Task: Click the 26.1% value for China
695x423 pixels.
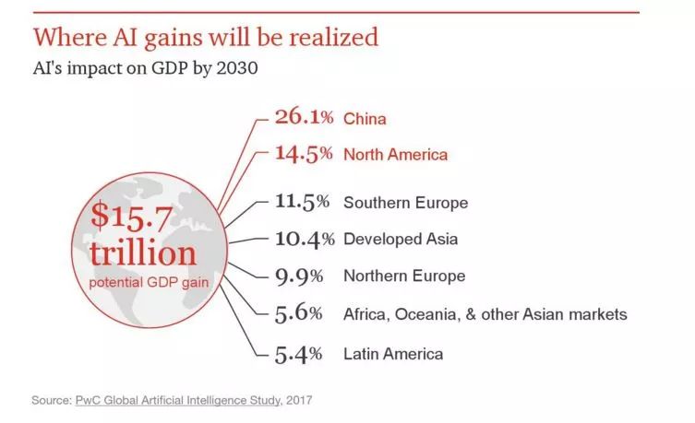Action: [304, 118]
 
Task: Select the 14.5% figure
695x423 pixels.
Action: [304, 154]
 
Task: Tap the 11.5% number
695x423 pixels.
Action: [304, 202]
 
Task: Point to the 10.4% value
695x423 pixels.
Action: [304, 240]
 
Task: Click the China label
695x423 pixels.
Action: [364, 119]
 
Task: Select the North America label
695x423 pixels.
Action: [395, 155]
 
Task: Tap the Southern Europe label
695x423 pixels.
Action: [405, 203]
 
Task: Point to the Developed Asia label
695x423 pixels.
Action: [401, 240]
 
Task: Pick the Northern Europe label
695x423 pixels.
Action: [404, 276]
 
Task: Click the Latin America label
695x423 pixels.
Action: [393, 354]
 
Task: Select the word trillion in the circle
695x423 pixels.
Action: [143, 253]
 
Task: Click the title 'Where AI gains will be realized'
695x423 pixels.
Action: [205, 37]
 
